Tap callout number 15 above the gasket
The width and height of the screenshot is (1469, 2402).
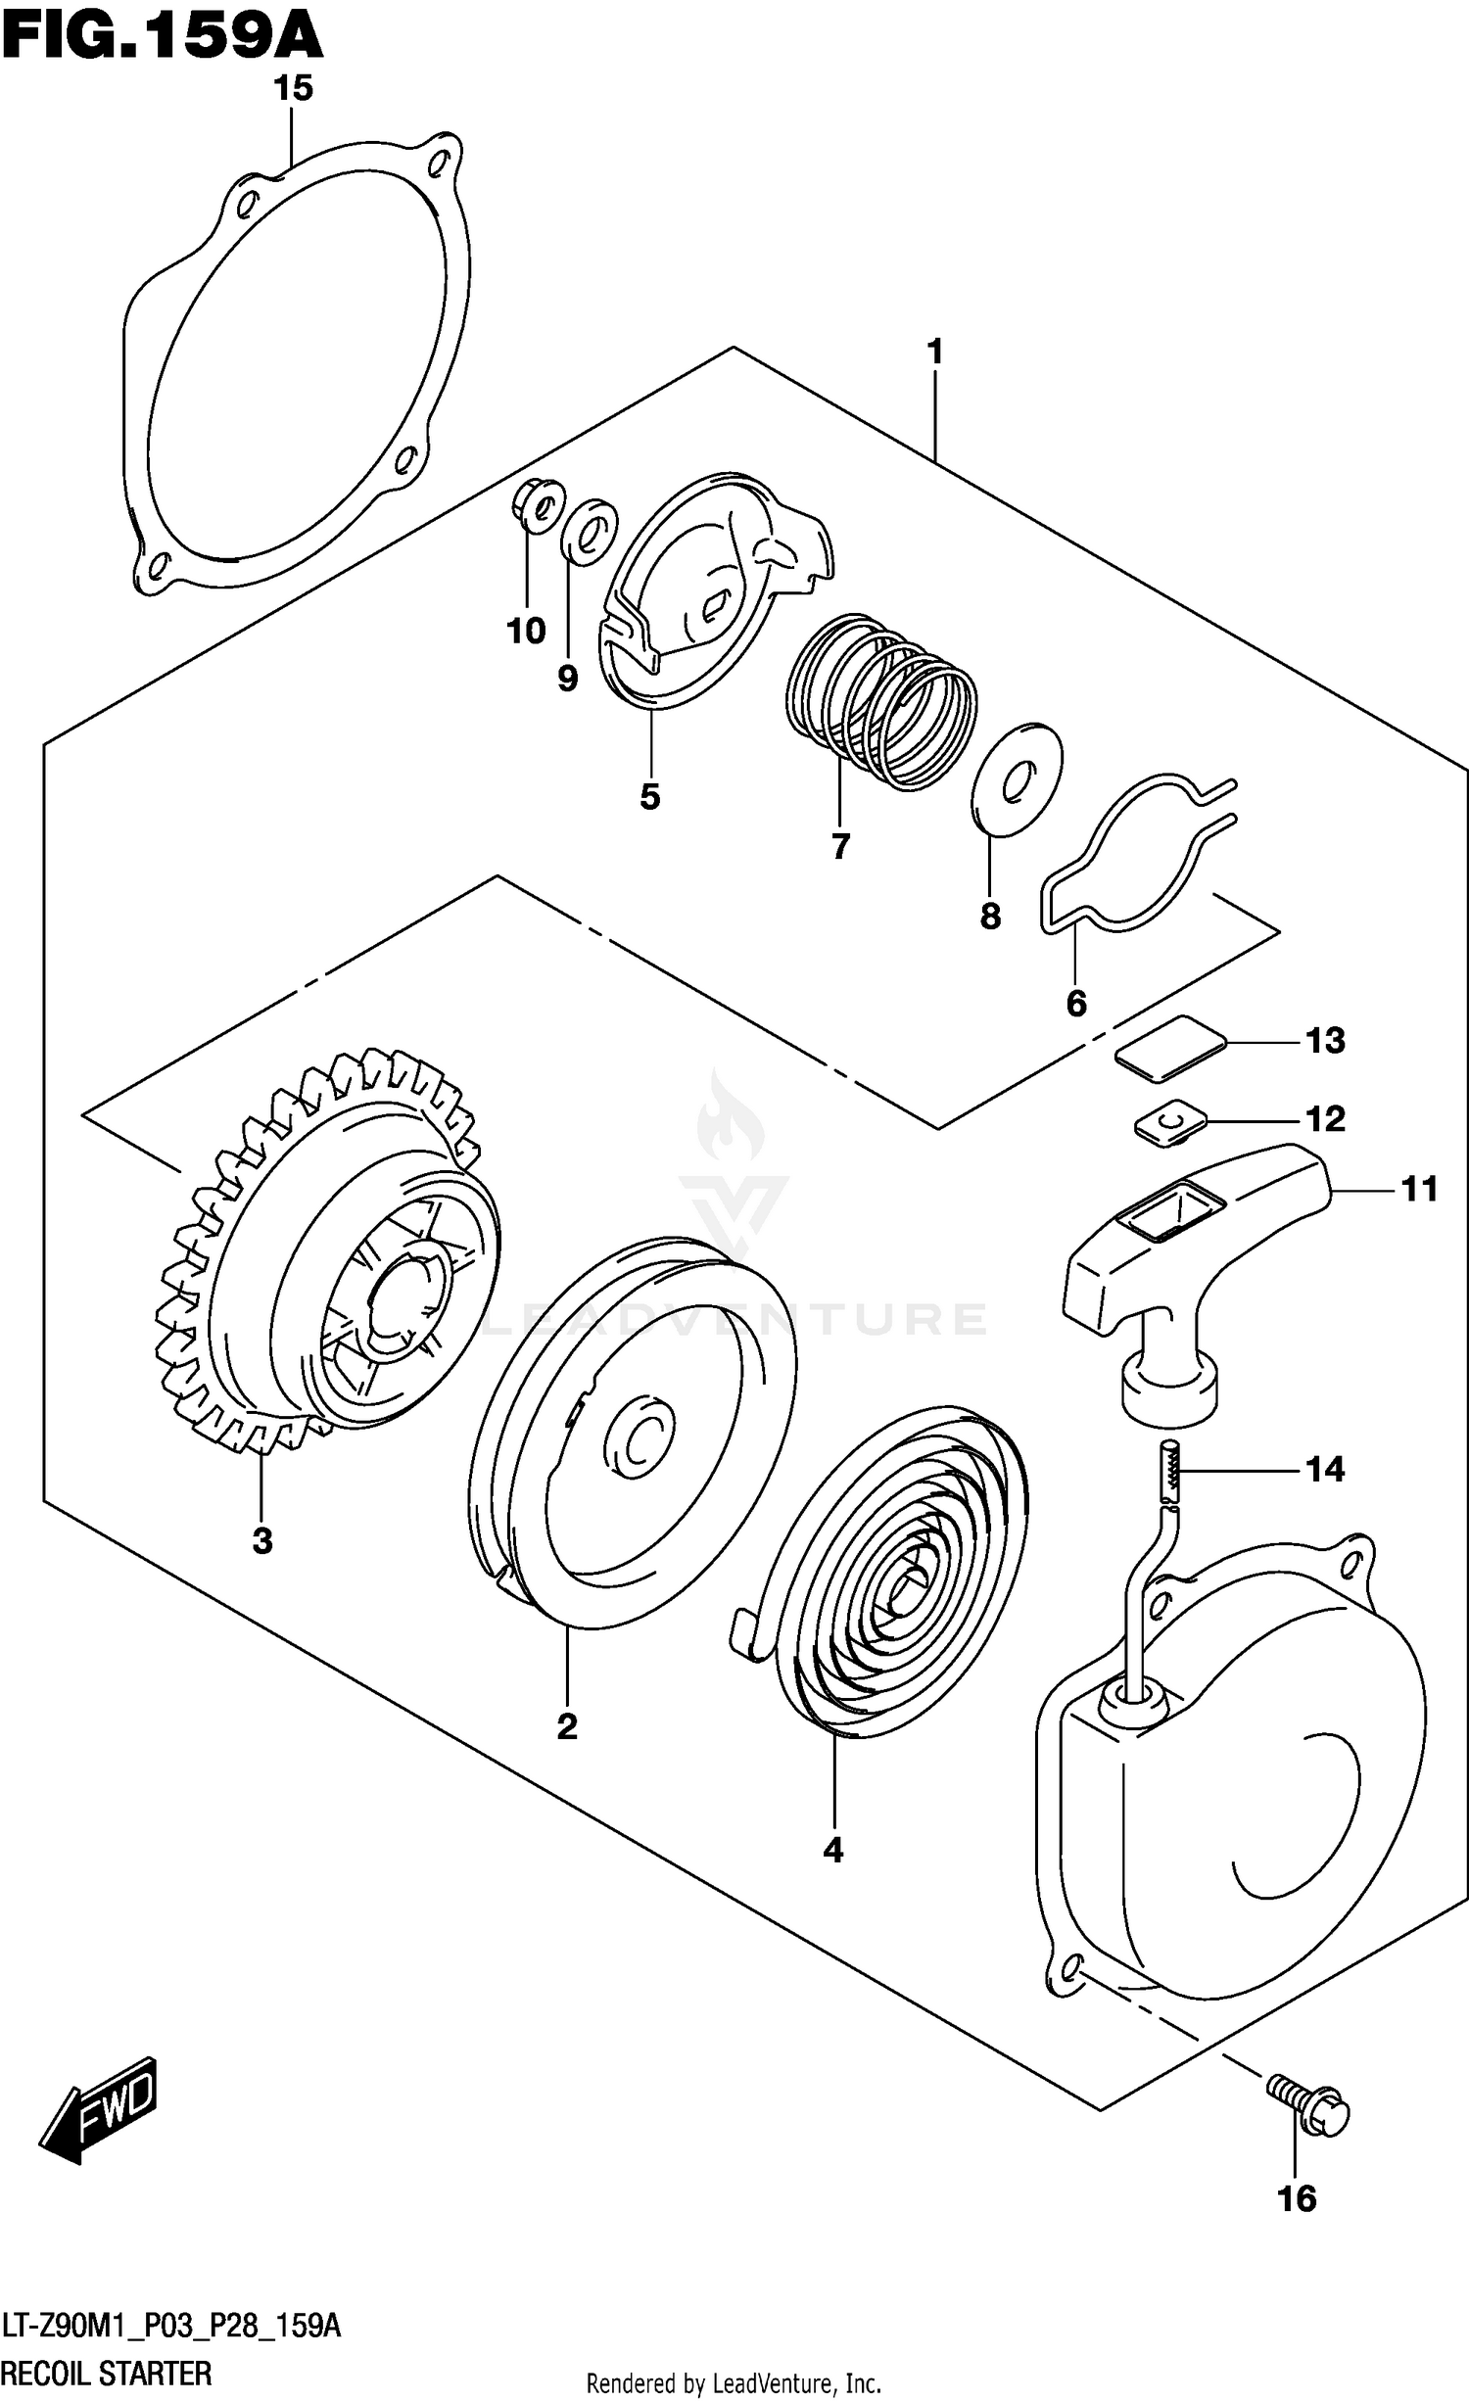point(293,88)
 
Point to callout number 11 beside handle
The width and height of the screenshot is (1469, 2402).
point(1419,1189)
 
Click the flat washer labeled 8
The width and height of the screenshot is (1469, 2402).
point(1018,779)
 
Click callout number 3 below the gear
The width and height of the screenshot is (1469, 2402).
point(261,1541)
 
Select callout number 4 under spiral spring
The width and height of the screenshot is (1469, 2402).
point(833,1849)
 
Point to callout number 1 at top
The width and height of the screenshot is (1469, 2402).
point(935,352)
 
